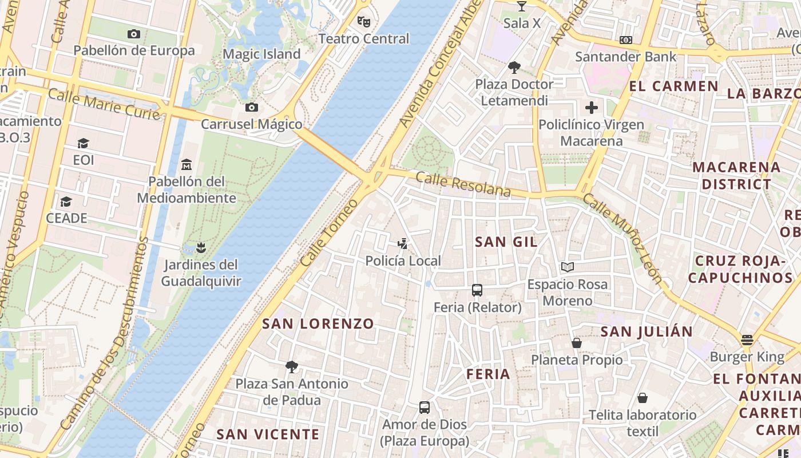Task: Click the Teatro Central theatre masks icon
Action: click(363, 22)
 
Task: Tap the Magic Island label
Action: click(261, 54)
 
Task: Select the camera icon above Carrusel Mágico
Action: click(251, 107)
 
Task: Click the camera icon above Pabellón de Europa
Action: click(134, 34)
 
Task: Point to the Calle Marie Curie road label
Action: click(104, 104)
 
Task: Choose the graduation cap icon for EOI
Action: click(84, 143)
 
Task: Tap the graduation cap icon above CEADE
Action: click(66, 202)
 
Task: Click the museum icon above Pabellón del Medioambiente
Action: click(186, 165)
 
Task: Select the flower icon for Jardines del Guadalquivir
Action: click(200, 248)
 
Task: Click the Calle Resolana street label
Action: click(463, 185)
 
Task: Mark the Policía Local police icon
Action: click(403, 244)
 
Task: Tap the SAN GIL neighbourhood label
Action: click(506, 242)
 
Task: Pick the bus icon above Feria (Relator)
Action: click(477, 290)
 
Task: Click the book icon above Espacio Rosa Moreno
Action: click(567, 267)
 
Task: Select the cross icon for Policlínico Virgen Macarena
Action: click(591, 107)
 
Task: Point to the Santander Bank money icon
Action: click(626, 40)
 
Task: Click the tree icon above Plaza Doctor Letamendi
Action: click(514, 68)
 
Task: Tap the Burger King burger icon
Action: click(747, 340)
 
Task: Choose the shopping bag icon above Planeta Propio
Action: click(577, 343)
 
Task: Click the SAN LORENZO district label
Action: click(318, 324)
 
